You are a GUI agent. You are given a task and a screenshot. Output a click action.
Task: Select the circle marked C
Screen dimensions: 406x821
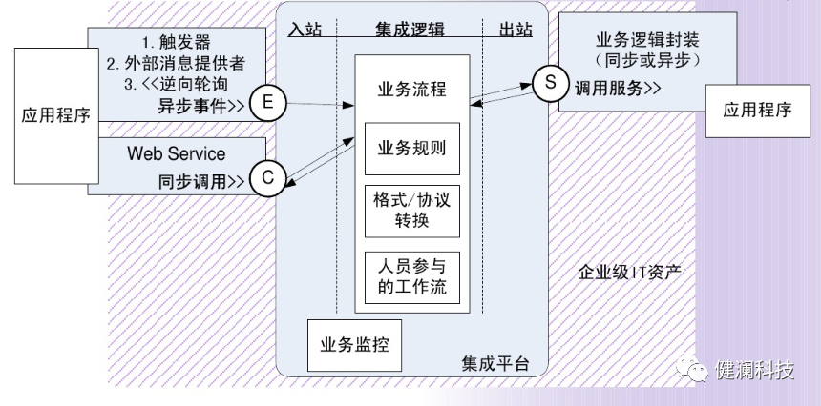pos(268,176)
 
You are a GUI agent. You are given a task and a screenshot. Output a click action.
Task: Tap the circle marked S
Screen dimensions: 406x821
pos(550,84)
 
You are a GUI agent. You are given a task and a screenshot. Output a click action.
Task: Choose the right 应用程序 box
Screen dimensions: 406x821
pos(757,109)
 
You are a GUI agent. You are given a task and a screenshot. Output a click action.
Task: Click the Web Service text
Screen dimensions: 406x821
pos(177,153)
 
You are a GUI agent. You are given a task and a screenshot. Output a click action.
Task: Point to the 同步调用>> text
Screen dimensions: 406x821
pos(201,180)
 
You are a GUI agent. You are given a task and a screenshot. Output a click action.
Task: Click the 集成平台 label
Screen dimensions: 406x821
pos(495,364)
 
